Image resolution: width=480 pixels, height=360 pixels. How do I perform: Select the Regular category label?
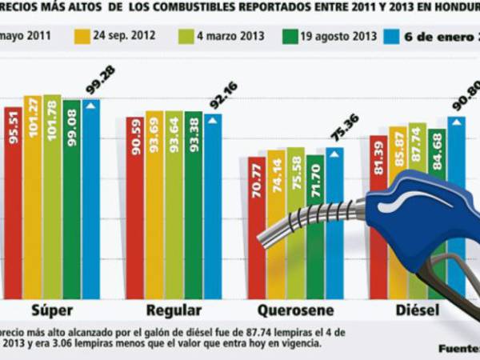[174, 311]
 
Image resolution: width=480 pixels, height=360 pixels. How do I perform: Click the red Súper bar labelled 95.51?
[14, 200]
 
